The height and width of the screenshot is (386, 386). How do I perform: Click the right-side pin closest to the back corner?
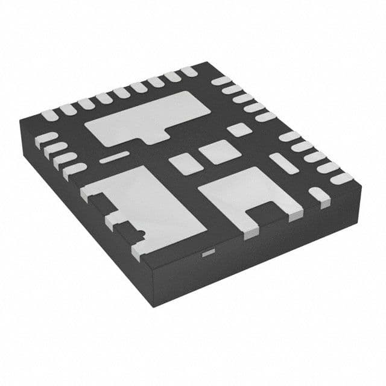coord(221,81)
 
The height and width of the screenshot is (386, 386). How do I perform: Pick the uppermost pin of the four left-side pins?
coord(46,138)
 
